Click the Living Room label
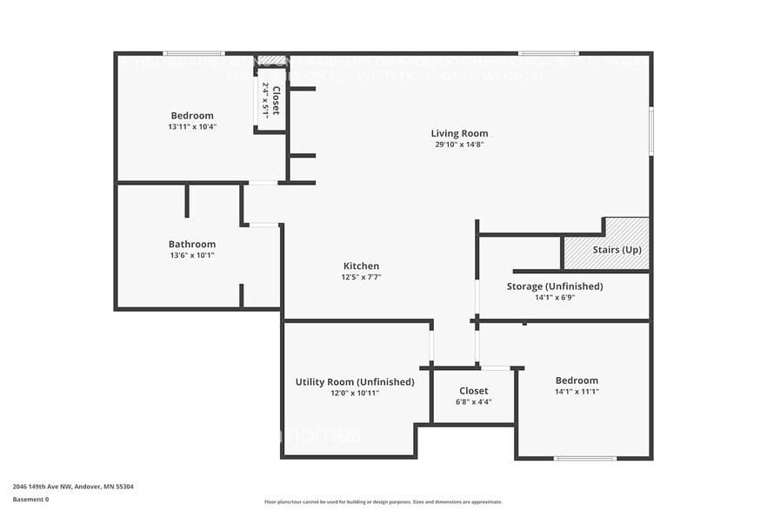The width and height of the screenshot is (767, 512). pos(459,133)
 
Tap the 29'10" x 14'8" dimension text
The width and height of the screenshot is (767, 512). pos(459,145)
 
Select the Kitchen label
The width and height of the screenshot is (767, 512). pos(361,266)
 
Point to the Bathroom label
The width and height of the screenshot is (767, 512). pos(191,244)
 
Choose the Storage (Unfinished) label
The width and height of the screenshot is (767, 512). pos(555,286)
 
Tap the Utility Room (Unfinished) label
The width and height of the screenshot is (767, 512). pos(355,381)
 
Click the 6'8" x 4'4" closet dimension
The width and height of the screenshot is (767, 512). pos(474,401)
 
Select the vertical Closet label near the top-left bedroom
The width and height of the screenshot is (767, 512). pos(276,100)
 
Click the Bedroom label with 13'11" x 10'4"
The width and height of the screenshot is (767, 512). pos(192,115)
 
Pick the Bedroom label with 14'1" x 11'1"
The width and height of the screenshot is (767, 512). pos(577,380)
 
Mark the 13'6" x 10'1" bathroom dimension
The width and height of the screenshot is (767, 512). pos(191,255)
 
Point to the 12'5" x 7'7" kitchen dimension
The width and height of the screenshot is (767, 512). pos(361,277)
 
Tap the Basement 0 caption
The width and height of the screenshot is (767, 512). pos(30,499)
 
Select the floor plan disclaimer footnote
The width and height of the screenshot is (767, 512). pos(383,502)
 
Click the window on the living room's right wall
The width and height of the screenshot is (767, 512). pos(650,131)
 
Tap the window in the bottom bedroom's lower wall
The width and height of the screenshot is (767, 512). pos(585,458)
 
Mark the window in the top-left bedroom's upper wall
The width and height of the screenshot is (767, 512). pos(193,53)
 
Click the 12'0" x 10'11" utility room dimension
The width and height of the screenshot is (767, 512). pos(355,393)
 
